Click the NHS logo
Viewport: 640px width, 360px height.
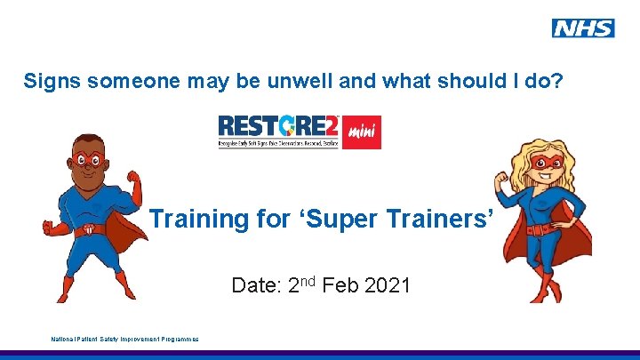(582, 28)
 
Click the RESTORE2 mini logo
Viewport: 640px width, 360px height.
(300, 132)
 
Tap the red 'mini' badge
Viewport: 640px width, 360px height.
(362, 132)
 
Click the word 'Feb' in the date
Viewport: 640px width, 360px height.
(338, 286)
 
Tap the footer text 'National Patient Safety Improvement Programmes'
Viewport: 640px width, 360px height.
(124, 339)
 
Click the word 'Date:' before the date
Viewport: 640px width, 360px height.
(255, 286)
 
